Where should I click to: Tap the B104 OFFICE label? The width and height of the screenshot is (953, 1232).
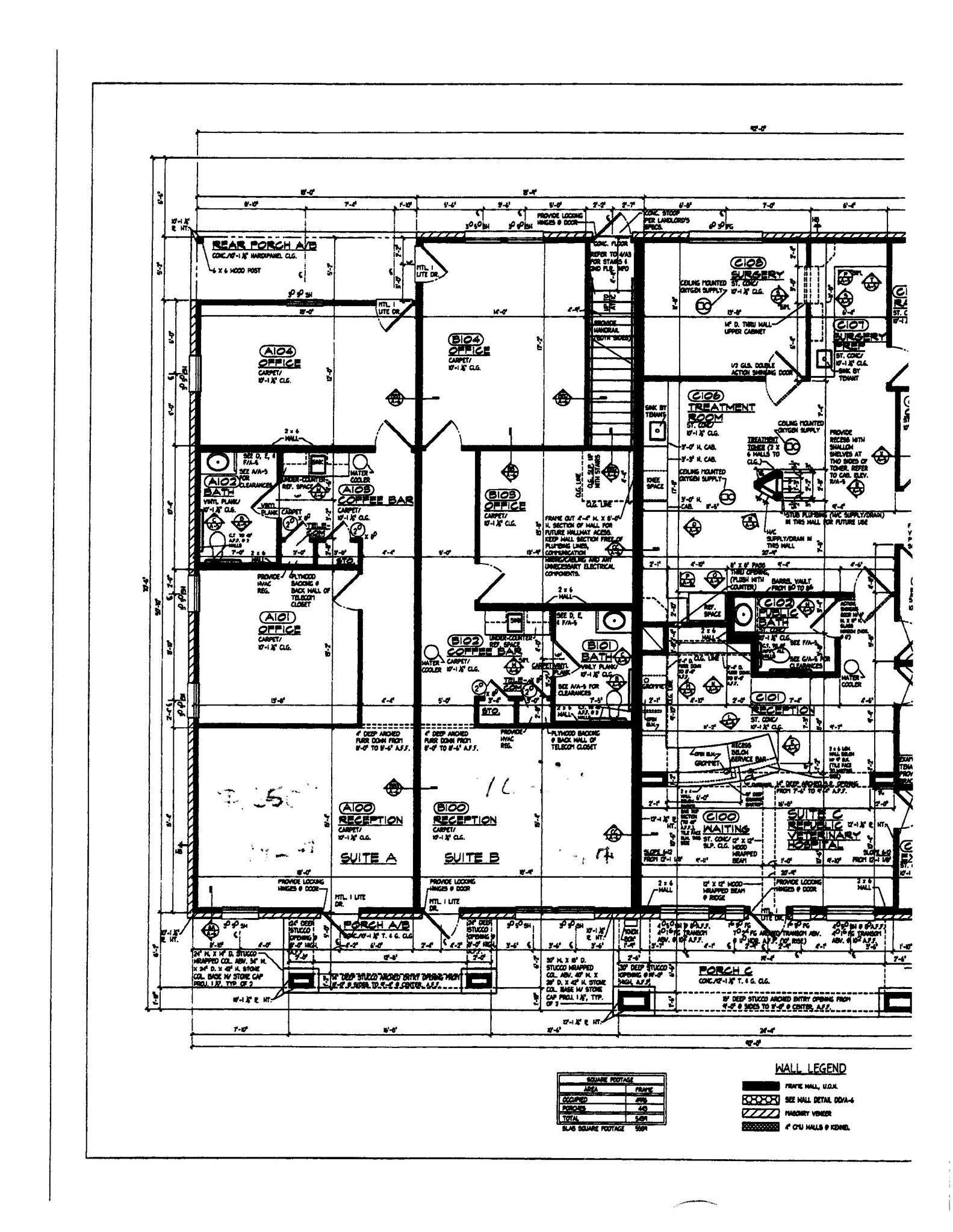tap(468, 345)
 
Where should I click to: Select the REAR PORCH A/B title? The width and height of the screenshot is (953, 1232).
tap(264, 245)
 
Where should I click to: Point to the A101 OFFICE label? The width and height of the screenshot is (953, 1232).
tap(279, 623)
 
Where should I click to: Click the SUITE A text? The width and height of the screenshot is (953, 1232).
tap(368, 858)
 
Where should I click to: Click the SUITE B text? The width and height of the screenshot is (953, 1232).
tap(471, 858)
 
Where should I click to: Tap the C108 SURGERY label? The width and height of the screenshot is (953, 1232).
tap(757, 269)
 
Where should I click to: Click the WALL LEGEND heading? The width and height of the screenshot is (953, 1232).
tap(810, 1068)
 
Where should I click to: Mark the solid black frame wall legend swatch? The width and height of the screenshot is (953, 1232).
tap(760, 1086)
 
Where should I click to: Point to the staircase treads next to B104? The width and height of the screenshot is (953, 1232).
tap(611, 385)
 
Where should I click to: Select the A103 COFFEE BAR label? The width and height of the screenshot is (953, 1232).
tap(374, 495)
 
